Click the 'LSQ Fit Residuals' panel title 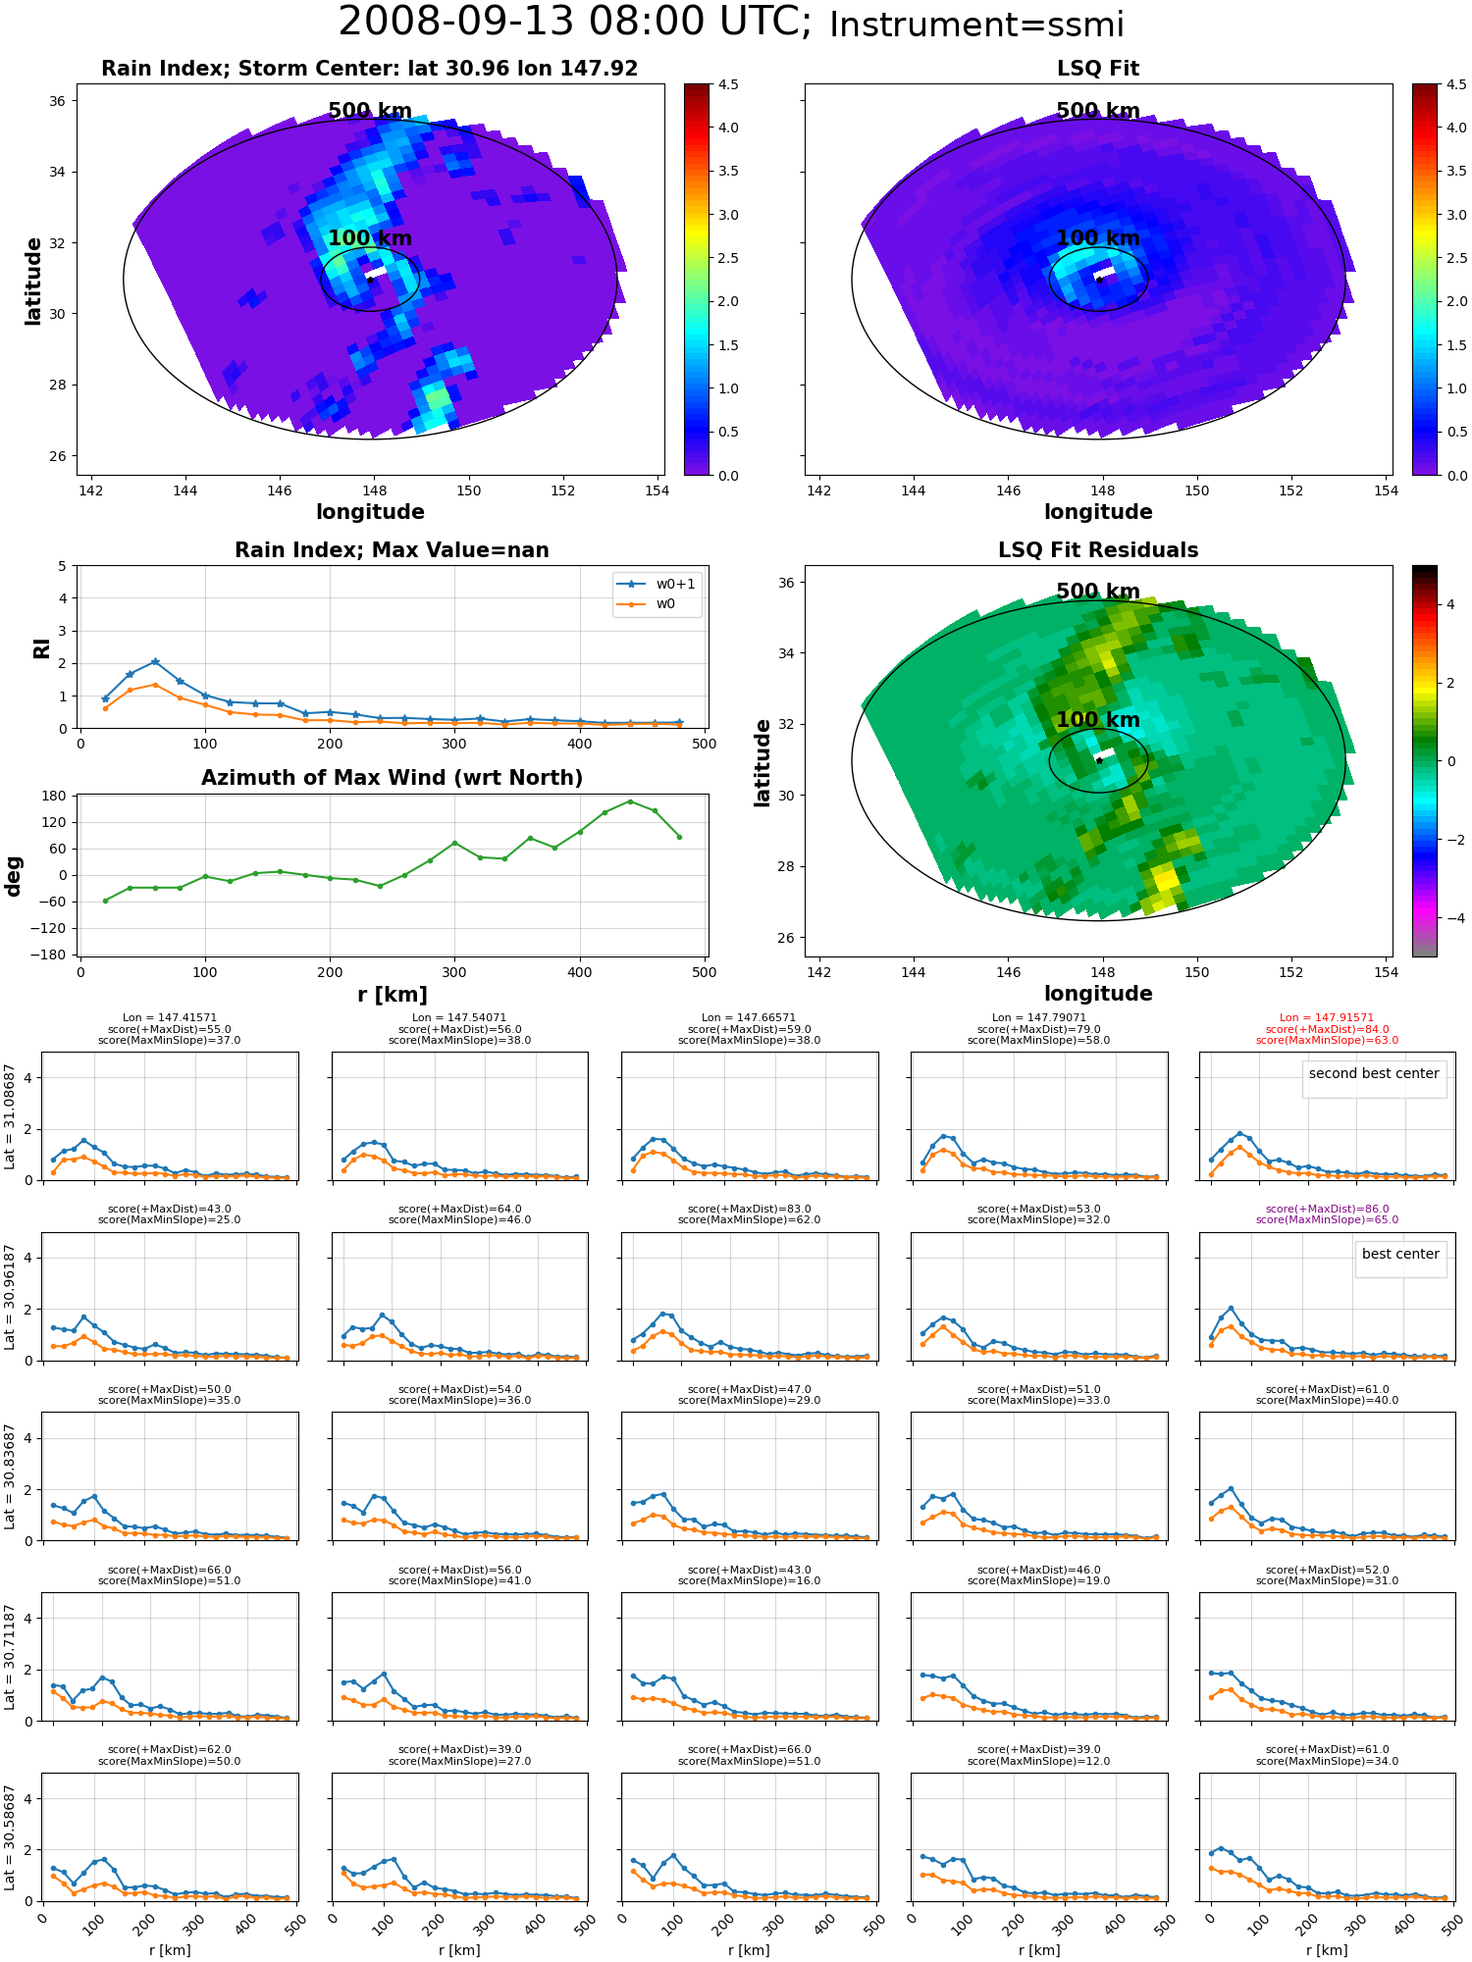pos(1098,550)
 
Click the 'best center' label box pos(1400,1254)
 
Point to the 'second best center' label pos(1374,1073)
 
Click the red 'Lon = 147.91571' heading pos(1327,1018)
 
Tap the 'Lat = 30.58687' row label pos(10,1837)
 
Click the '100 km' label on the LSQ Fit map pos(1098,238)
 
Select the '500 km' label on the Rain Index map pos(370,111)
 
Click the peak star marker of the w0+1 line pos(155,662)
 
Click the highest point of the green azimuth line pos(630,801)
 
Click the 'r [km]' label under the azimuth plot pos(393,995)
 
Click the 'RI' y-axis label pos(41,647)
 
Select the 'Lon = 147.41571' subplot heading pos(170,1018)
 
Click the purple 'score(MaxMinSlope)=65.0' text pos(1327,1220)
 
